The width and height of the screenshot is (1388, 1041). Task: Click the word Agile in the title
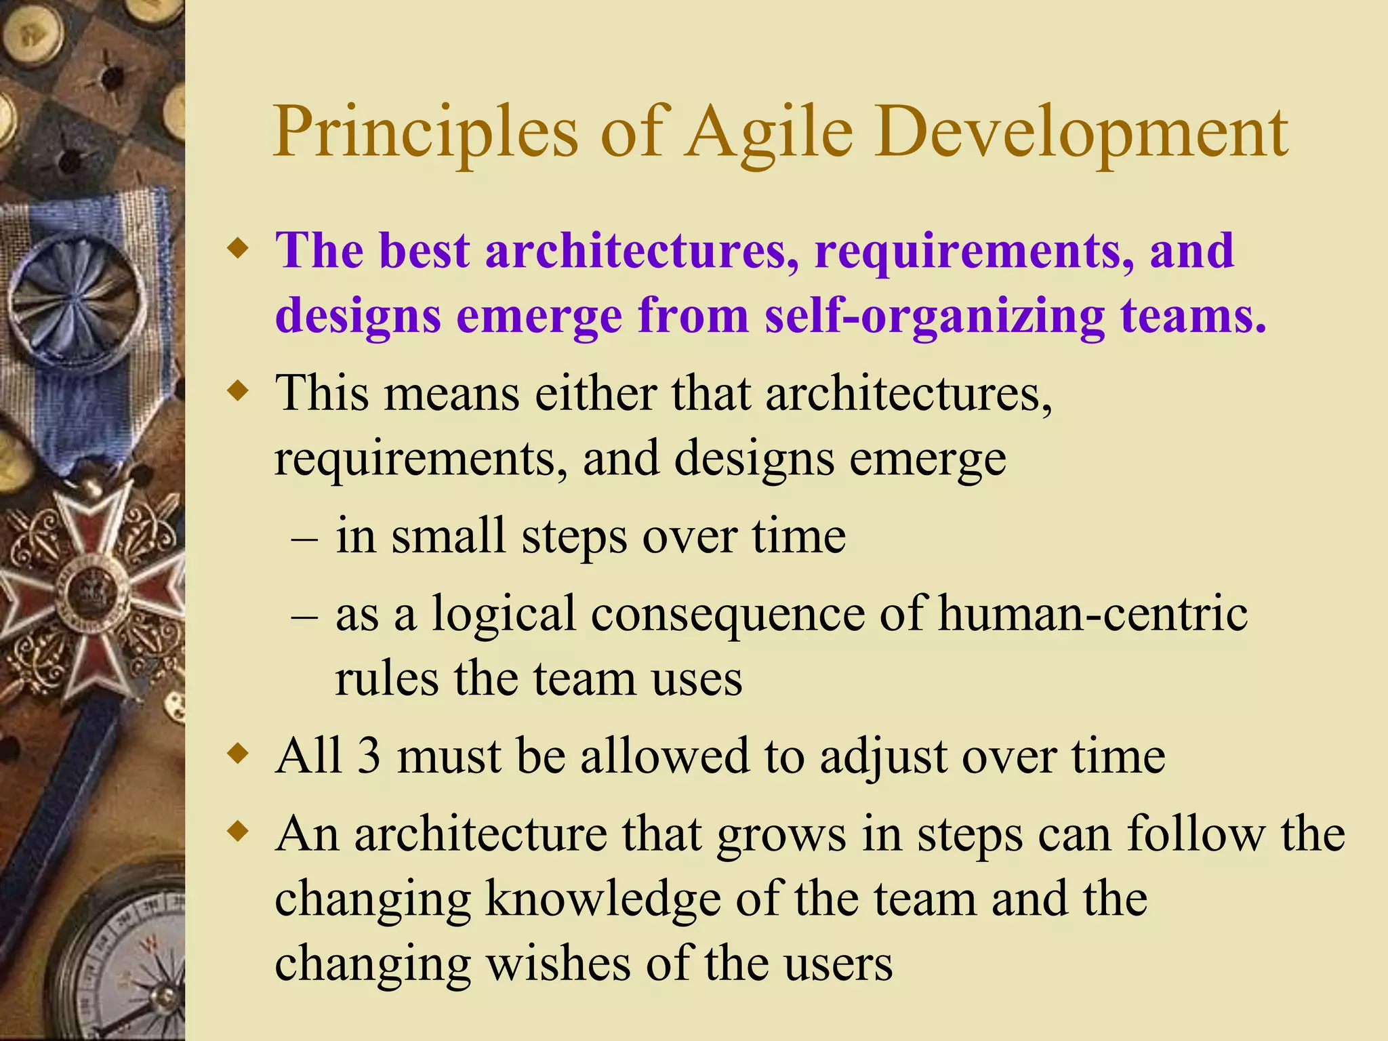(x=770, y=133)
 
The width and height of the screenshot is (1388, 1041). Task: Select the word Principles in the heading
(x=426, y=133)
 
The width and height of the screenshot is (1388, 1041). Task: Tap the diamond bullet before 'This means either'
(x=237, y=392)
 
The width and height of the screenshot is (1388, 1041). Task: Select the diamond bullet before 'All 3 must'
(x=237, y=754)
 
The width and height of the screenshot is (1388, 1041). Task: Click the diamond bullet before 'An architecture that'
(x=237, y=832)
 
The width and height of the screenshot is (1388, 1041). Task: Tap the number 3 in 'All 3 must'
(x=369, y=756)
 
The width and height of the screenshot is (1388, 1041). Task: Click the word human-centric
(x=1093, y=614)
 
